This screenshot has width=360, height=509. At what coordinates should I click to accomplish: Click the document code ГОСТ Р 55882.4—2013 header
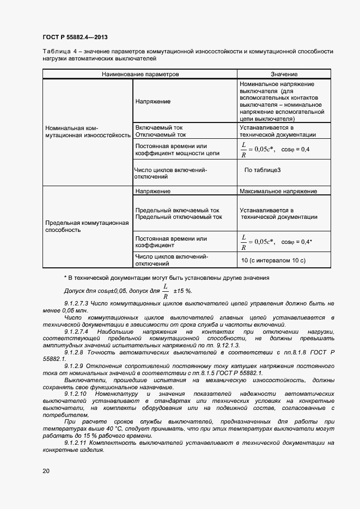coord(75,37)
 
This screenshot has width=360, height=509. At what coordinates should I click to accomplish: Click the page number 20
coord(46,470)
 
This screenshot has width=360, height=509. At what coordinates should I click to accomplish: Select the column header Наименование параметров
coord(140,74)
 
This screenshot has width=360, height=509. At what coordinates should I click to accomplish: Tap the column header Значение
coord(284,74)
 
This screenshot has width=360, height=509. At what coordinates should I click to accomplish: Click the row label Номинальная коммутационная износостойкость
coord(88,131)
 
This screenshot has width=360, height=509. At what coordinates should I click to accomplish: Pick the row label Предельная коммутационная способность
coord(87,226)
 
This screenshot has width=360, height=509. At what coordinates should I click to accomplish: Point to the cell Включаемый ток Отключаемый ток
coord(161,131)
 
